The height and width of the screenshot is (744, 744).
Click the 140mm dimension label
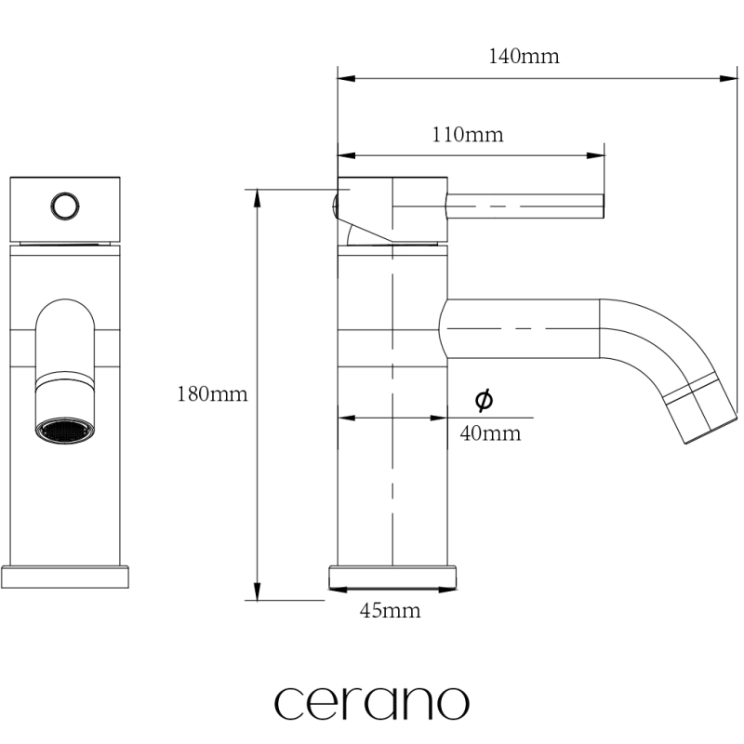524,57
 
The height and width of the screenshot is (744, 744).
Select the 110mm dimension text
468,135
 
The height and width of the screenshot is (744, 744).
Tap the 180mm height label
212,393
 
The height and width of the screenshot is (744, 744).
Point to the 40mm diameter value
490,433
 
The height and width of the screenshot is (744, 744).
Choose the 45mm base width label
390,610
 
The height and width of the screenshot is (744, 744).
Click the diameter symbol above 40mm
484,400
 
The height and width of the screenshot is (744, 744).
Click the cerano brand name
372,703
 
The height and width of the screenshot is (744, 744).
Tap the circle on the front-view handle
65,206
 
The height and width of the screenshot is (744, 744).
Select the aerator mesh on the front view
65,431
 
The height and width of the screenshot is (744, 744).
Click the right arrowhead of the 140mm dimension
728,78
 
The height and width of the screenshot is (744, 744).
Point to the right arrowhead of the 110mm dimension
595,155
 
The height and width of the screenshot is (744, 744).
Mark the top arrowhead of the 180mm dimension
258,198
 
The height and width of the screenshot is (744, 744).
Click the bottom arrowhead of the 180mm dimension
258,591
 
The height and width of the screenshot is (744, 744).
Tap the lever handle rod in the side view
525,206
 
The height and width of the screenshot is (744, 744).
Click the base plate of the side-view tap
392,577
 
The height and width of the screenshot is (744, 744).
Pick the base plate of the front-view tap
65,577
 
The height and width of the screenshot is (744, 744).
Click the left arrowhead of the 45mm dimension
338,590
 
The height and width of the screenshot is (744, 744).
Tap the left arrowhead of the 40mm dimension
347,418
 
